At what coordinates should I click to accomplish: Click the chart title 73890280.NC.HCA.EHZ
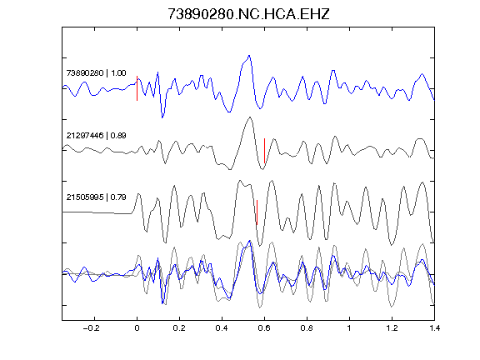[x=248, y=14]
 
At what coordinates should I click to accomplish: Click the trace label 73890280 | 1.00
[x=96, y=73]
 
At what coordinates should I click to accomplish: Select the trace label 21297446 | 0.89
[x=96, y=135]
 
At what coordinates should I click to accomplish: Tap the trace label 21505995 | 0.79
[x=96, y=197]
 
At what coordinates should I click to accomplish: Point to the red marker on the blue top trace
[x=137, y=88]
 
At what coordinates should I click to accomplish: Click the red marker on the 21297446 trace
[x=264, y=151]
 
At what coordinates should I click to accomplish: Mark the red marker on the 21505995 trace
[x=257, y=212]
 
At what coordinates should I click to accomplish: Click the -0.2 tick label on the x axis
[x=92, y=328]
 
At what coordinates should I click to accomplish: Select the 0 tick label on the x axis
[x=137, y=328]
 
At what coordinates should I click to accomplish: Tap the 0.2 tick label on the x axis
[x=179, y=328]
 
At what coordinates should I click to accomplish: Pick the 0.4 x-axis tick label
[x=222, y=328]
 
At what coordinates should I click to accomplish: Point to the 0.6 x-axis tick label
[x=264, y=328]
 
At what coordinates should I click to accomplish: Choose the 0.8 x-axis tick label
[x=307, y=328]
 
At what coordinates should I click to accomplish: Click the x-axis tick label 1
[x=349, y=328]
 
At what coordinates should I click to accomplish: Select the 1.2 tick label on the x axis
[x=392, y=328]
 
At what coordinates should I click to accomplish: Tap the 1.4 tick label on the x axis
[x=434, y=328]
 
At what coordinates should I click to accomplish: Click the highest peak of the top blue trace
[x=249, y=56]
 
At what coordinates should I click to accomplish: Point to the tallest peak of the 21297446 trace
[x=250, y=117]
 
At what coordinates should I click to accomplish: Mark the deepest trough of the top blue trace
[x=162, y=117]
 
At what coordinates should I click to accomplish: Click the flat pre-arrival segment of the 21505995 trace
[x=97, y=212]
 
